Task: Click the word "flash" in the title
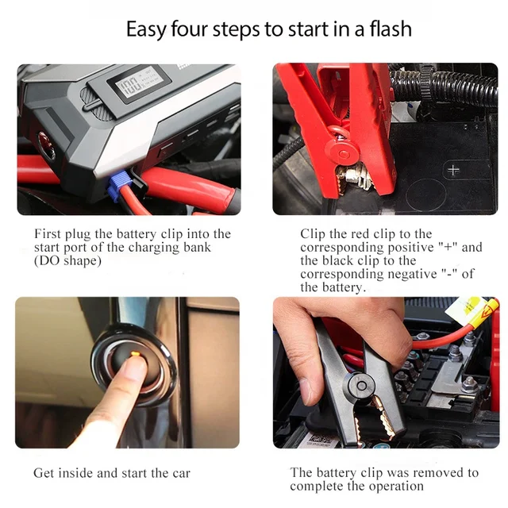391,29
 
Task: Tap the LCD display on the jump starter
140,83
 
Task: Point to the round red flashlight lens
46,144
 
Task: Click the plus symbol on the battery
453,170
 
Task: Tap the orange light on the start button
136,354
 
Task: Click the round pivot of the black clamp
361,386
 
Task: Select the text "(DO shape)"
67,260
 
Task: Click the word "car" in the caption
182,473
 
